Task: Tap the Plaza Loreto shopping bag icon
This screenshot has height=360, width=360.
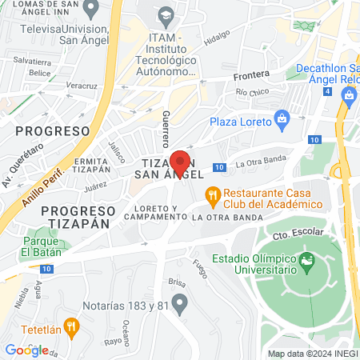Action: pos(281,122)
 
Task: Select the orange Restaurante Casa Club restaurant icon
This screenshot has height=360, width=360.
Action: pos(213,194)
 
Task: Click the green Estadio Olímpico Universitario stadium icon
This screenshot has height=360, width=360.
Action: pos(306,261)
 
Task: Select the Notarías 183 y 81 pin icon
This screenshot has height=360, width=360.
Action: pos(180,303)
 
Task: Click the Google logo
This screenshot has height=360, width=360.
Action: pos(26,350)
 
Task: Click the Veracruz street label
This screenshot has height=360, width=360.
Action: pos(82,86)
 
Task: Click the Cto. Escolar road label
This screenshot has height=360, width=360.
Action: pos(292,234)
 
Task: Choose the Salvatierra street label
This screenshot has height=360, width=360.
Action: pos(32,61)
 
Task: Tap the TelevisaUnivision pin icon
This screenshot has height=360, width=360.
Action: pos(91,11)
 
